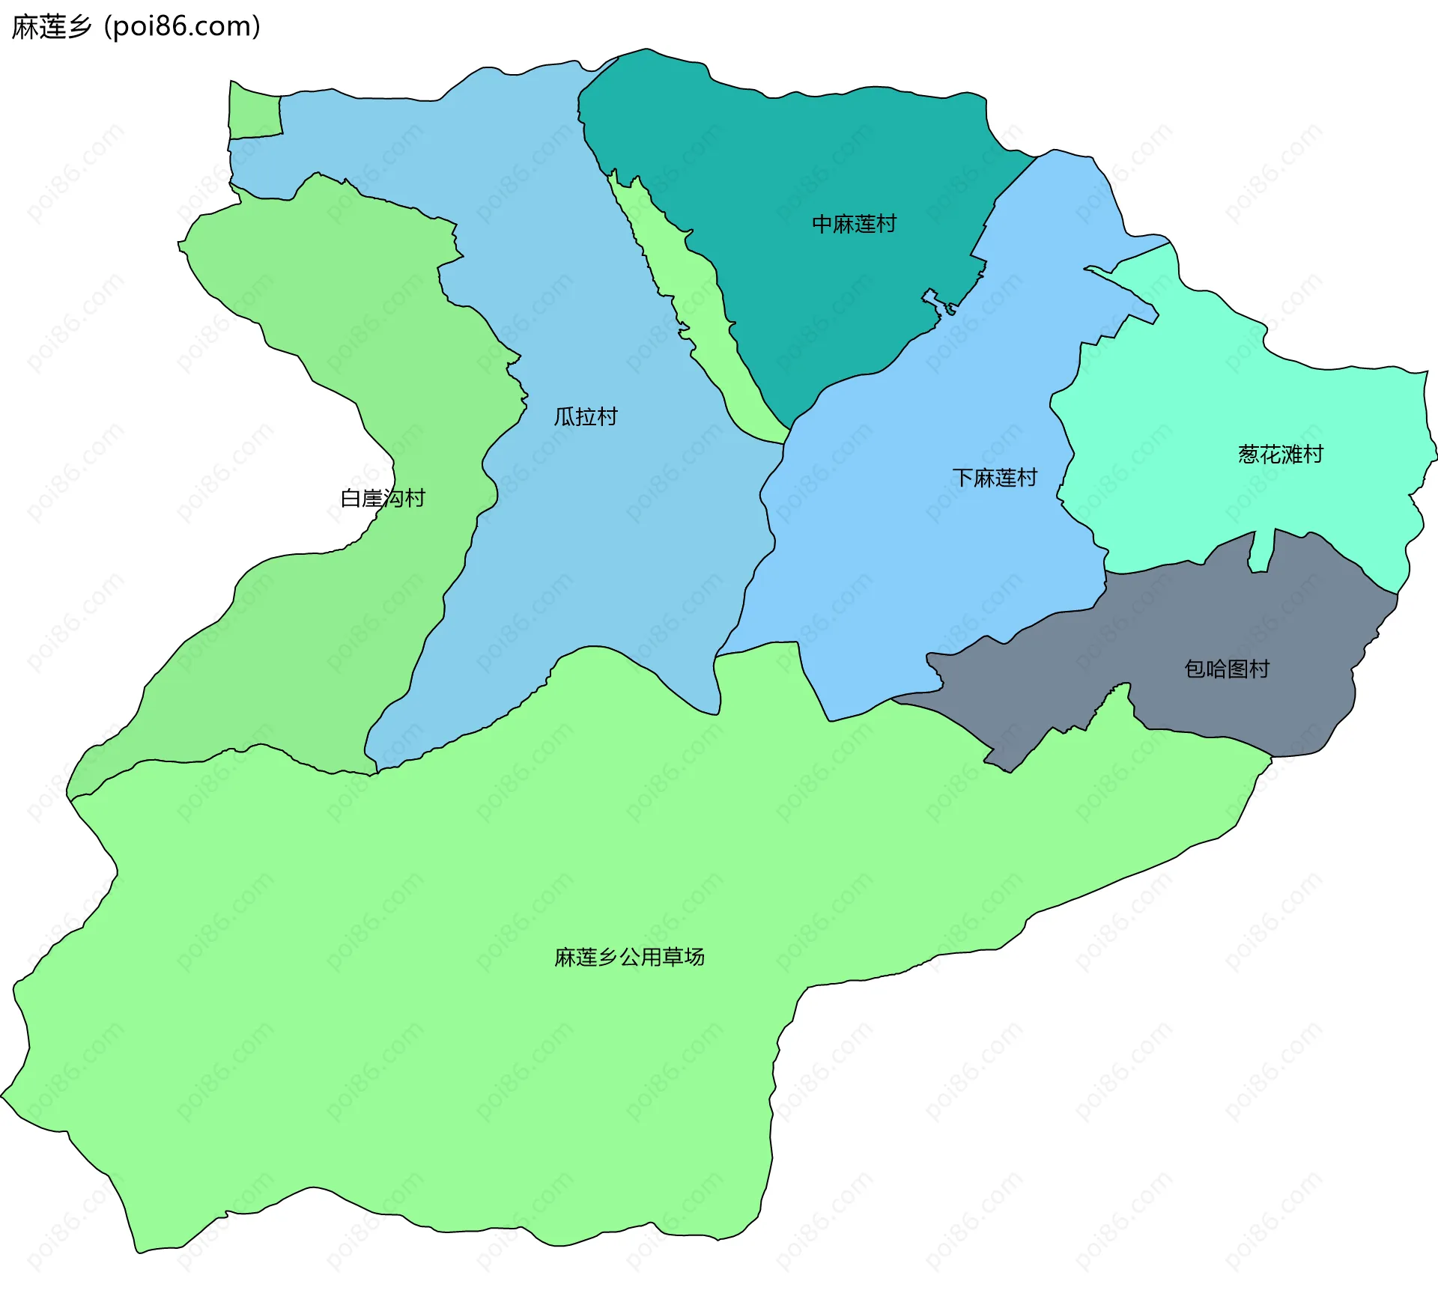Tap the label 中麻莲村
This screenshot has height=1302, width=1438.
click(854, 224)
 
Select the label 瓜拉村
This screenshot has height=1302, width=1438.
click(586, 416)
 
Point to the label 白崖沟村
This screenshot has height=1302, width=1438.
click(383, 498)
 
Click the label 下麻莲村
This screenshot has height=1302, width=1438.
click(995, 478)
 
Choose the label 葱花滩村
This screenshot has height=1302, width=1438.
click(1281, 454)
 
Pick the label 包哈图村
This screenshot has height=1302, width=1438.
click(1227, 669)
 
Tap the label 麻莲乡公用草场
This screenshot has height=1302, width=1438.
click(629, 957)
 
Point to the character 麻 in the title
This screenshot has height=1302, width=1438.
click(25, 26)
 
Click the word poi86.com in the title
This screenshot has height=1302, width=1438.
click(182, 26)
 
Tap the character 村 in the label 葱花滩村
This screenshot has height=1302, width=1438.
click(1313, 454)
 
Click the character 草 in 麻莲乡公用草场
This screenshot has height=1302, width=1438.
click(672, 957)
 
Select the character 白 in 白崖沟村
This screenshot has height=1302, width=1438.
click(351, 498)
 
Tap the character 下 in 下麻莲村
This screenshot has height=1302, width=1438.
click(962, 478)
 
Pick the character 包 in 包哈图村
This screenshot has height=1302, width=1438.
click(1195, 669)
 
